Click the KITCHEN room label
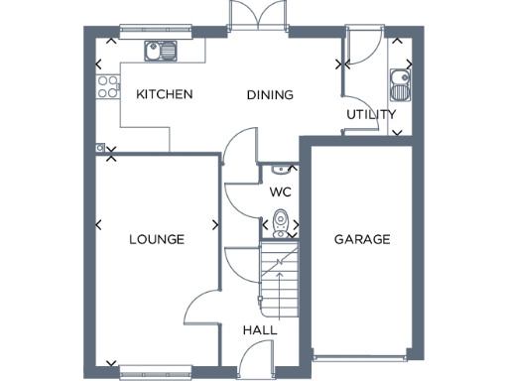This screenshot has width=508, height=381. pos(164,95)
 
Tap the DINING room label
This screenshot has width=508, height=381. pos(270,96)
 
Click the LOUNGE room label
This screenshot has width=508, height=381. pos(157,240)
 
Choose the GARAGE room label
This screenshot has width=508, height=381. pos(361,240)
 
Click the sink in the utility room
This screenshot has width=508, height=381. pos(400,84)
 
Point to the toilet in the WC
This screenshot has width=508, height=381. pos(281,224)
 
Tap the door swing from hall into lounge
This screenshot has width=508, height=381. pos(204,308)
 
